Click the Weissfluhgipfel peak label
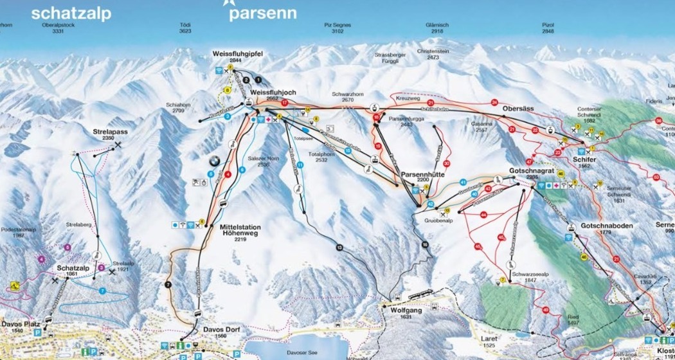pos(236,54)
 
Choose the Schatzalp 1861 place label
pos(70,271)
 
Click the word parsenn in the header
pos(262,14)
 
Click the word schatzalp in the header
pos(71,14)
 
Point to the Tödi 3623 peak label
pos(185,28)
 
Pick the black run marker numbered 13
pos(339,247)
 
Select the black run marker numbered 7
pos(168,283)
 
